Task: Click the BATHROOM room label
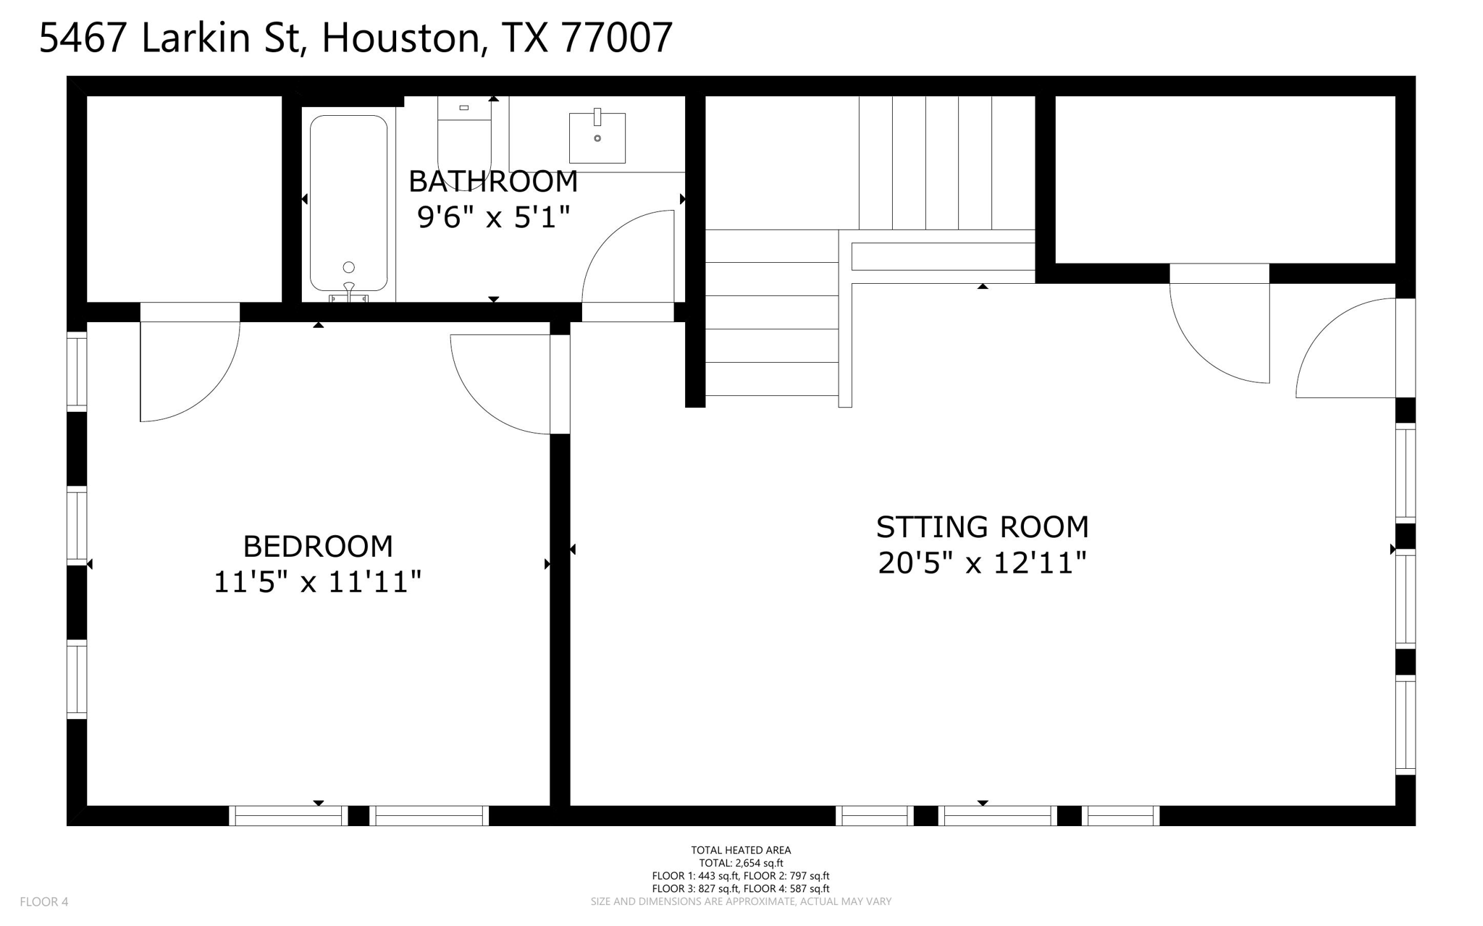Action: pyautogui.click(x=493, y=182)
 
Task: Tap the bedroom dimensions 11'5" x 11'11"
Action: pyautogui.click(x=317, y=582)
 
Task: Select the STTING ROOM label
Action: pyautogui.click(x=982, y=527)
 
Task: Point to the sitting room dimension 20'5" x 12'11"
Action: pyautogui.click(x=982, y=563)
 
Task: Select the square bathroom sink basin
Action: pyautogui.click(x=597, y=138)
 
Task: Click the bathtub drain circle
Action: pyautogui.click(x=348, y=267)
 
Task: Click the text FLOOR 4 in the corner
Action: pyautogui.click(x=44, y=901)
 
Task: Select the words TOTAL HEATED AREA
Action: pyautogui.click(x=741, y=850)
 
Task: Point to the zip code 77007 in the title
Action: pyautogui.click(x=617, y=38)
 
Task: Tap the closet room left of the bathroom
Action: pyautogui.click(x=184, y=198)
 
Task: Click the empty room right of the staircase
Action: pyautogui.click(x=1224, y=179)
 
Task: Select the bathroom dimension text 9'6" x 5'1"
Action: pyautogui.click(x=493, y=217)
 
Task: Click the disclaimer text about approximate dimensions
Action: pyautogui.click(x=741, y=901)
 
